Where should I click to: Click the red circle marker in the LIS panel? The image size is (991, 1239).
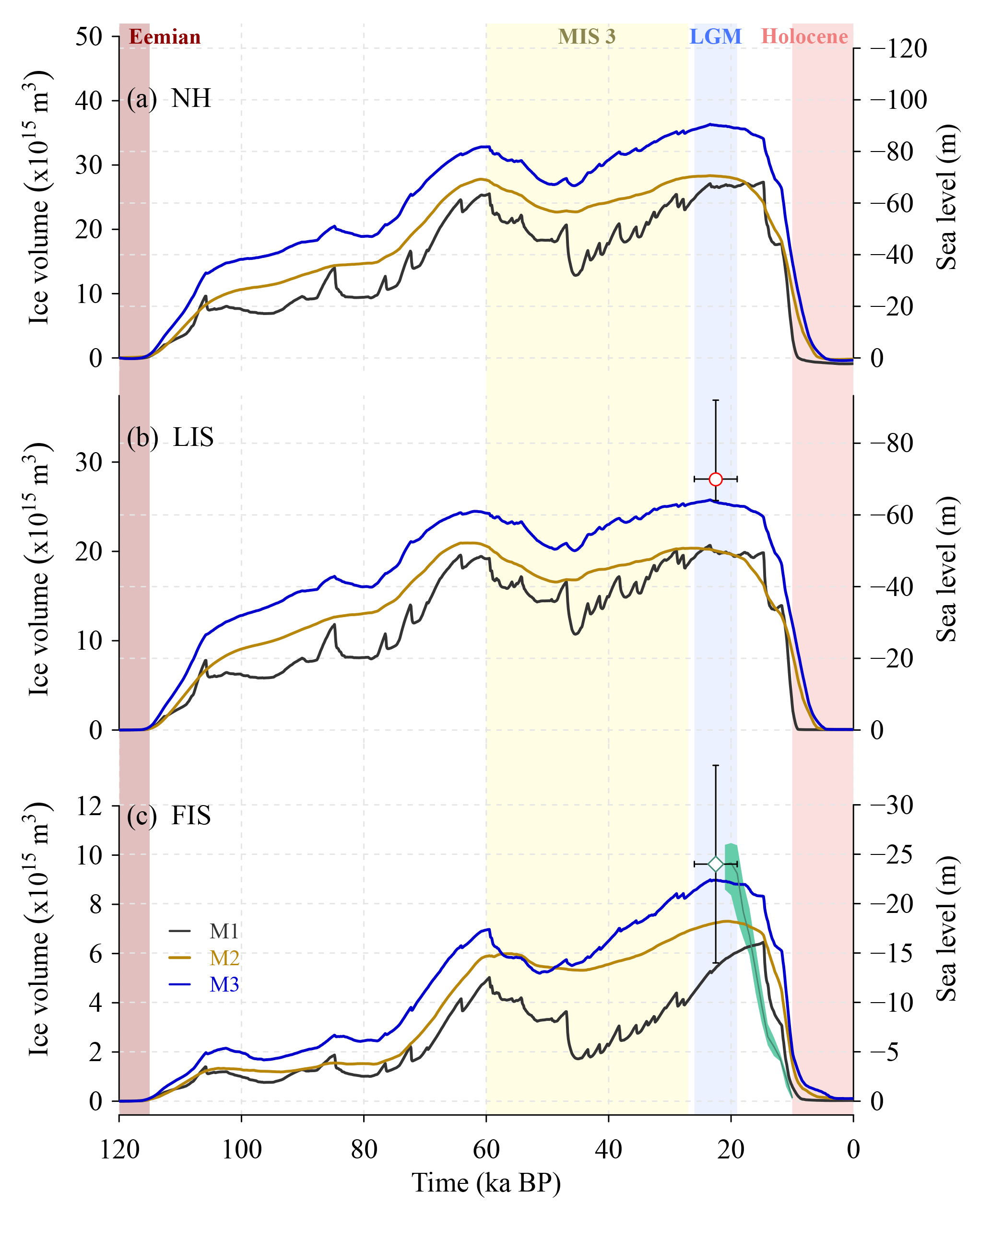point(715,479)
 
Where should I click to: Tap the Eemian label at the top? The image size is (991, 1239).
point(165,37)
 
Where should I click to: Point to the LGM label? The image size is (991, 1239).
point(715,37)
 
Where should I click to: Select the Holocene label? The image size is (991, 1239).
point(804,37)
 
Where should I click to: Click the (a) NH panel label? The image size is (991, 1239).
point(169,98)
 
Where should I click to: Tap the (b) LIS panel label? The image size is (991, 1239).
point(170,437)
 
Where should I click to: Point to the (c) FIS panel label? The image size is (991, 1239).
point(169,816)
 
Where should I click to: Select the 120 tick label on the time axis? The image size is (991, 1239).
point(119,1149)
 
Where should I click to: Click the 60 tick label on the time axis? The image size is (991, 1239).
point(486,1149)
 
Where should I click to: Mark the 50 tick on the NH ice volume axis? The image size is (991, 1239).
point(89,37)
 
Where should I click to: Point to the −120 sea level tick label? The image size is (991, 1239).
point(898,49)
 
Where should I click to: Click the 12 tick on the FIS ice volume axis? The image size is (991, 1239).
point(89,807)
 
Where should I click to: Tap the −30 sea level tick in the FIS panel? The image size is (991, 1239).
point(891,805)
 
